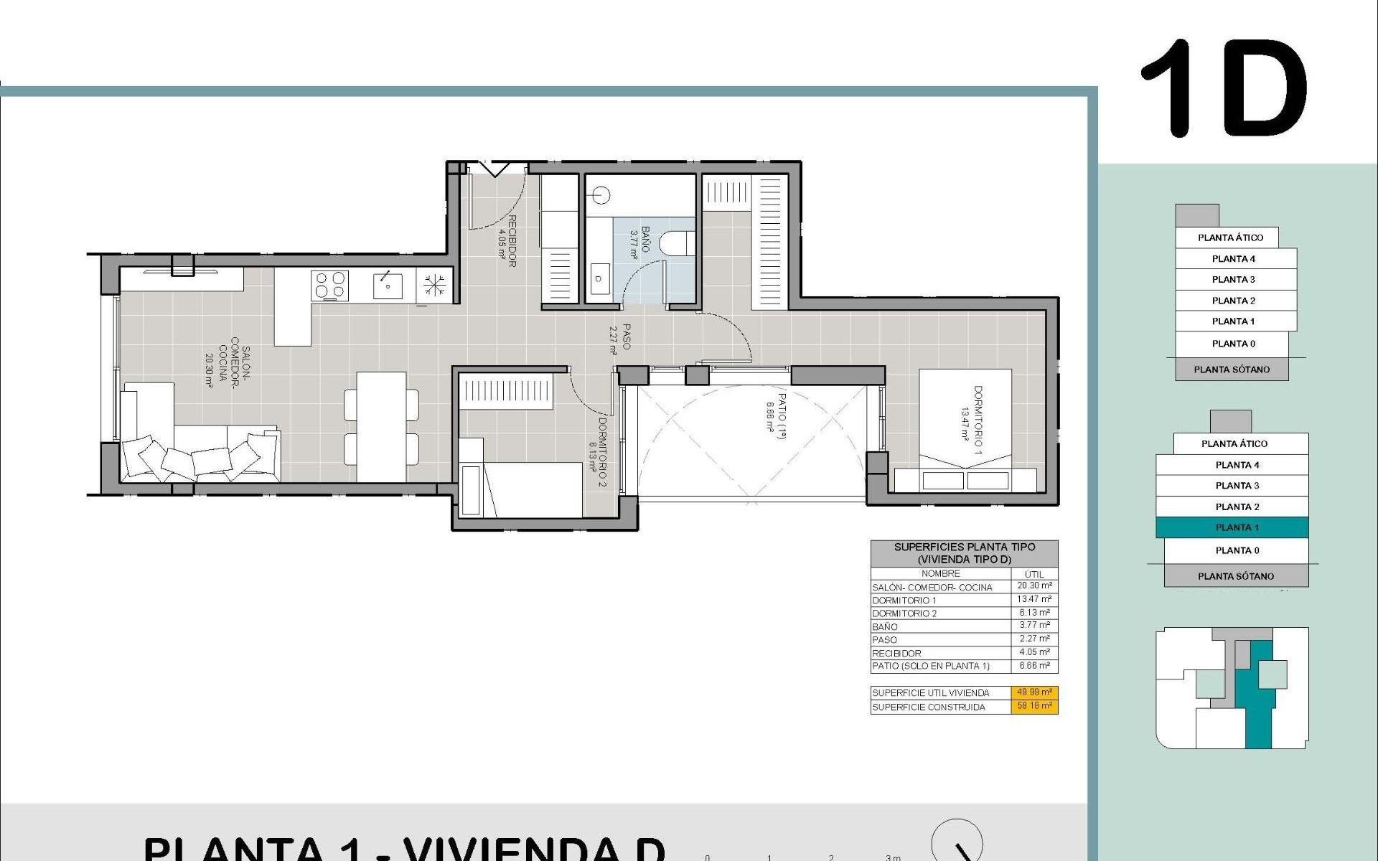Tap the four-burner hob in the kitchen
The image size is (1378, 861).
point(330,285)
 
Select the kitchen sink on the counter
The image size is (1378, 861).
point(388,286)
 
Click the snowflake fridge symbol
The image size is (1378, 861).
point(434,285)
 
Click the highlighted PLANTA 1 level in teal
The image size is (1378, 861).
point(1232,527)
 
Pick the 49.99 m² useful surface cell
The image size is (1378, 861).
point(1035,692)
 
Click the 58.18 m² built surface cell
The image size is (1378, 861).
point(1035,706)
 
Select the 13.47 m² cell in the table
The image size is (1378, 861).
point(1034,599)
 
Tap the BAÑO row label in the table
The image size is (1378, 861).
point(885,626)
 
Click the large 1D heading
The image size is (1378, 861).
point(1224,90)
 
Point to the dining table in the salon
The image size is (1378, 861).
point(381,426)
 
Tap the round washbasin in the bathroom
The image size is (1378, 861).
point(601,194)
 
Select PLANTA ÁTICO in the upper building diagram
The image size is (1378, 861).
point(1230,237)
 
